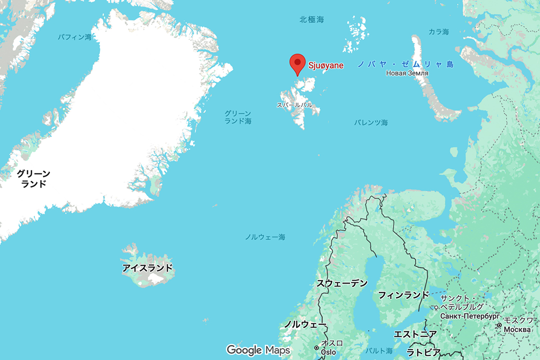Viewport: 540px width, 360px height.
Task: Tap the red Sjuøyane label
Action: (325, 65)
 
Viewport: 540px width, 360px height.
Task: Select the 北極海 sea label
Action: (311, 19)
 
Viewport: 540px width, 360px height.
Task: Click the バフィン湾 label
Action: (74, 37)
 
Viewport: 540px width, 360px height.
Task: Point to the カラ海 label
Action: (438, 32)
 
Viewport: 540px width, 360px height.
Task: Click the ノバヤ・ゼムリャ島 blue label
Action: (405, 64)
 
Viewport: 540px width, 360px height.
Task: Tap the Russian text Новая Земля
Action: (407, 73)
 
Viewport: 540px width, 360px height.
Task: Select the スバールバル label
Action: (294, 105)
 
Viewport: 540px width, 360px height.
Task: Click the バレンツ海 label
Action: (370, 122)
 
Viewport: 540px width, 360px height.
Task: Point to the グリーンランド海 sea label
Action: (237, 117)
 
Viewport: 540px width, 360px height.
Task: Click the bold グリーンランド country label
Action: (33, 178)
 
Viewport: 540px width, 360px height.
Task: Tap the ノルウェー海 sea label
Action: (265, 237)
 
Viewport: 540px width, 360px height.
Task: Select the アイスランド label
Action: (147, 268)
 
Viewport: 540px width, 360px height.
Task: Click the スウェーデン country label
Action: (341, 283)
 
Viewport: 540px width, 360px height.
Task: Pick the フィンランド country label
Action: (403, 294)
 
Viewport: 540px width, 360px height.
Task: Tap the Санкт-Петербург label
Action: (470, 316)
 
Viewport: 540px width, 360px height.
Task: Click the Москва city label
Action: (518, 329)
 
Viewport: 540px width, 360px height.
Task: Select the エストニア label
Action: (415, 334)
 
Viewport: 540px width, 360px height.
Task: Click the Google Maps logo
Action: (258, 349)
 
